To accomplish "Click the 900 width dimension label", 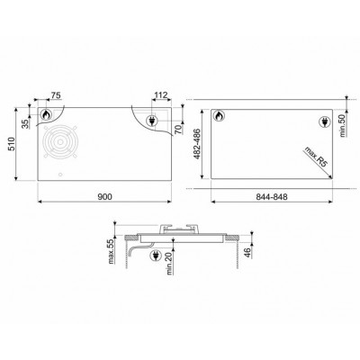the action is tap(105, 197).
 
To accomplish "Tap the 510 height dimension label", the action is tap(11, 144).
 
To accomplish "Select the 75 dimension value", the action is tap(56, 95).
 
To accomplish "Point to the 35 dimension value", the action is tap(27, 123).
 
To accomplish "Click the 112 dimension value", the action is tap(160, 95).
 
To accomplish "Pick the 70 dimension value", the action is tap(178, 130).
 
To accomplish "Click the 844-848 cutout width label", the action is tap(272, 197).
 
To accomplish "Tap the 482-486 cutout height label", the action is tap(198, 144).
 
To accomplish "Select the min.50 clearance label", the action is tap(343, 126).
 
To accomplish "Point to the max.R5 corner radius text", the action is tap(316, 158).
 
